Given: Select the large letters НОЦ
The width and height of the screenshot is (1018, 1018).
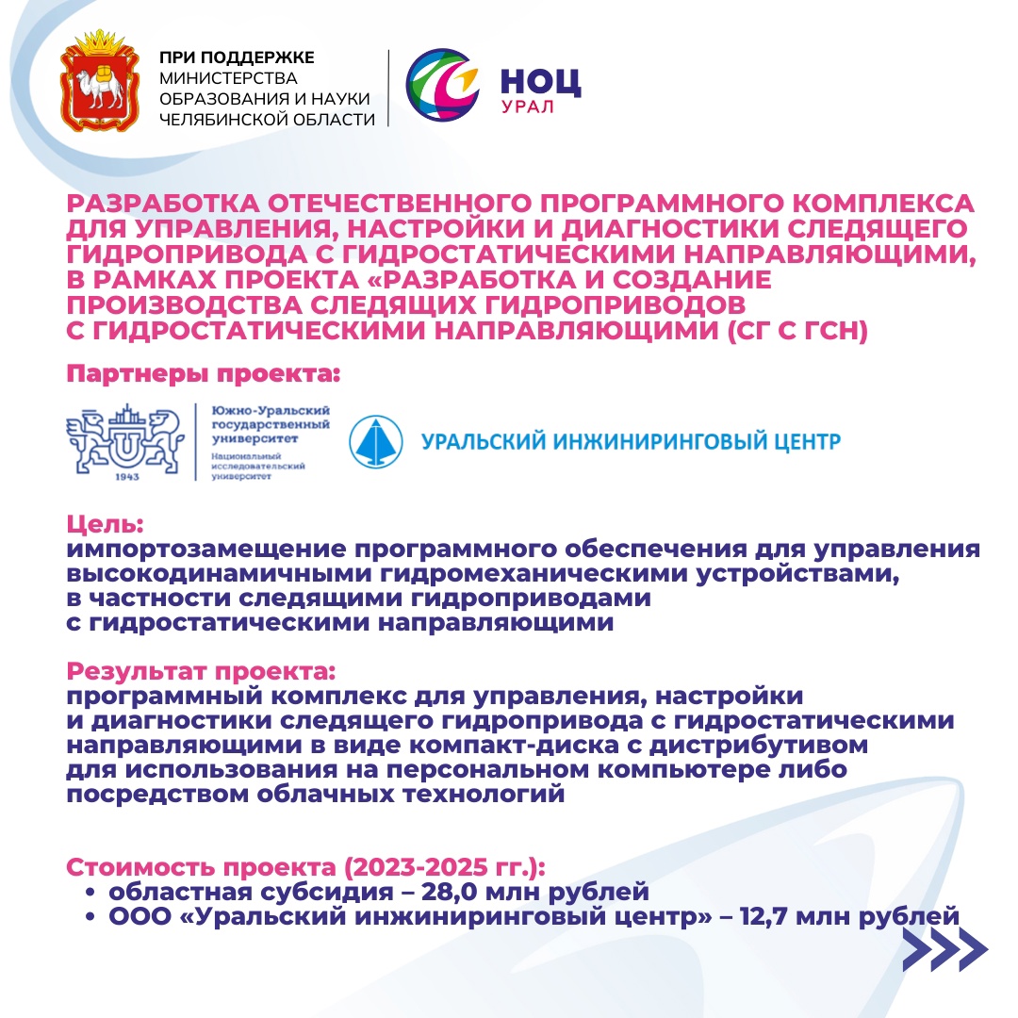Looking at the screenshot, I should [539, 83].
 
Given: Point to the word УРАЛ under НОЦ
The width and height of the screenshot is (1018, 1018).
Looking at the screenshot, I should [527, 107].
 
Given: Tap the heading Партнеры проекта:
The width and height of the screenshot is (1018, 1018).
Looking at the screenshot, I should [202, 374].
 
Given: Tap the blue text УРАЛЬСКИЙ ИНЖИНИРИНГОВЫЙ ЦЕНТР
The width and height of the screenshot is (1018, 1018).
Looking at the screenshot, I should [630, 441].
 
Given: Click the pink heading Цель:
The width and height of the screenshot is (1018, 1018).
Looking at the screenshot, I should [104, 526].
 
